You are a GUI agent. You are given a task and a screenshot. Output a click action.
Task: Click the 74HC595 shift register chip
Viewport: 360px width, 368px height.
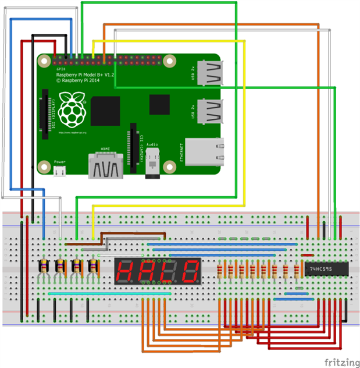(x=320, y=269)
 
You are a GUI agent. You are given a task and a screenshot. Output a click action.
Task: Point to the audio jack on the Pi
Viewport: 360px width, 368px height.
(x=153, y=160)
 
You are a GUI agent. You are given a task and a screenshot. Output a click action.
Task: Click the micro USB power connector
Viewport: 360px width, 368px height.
(x=59, y=171)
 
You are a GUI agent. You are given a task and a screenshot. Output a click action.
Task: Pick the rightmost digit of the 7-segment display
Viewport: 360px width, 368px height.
(x=190, y=270)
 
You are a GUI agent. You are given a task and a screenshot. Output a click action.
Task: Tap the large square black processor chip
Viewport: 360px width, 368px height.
(x=105, y=111)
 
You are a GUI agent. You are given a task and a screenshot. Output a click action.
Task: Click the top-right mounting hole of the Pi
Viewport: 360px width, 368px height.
(x=169, y=61)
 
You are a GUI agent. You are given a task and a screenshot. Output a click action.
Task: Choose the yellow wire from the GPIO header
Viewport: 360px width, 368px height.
(x=174, y=41)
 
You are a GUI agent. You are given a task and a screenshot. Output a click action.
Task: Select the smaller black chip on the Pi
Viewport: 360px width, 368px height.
(x=159, y=105)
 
